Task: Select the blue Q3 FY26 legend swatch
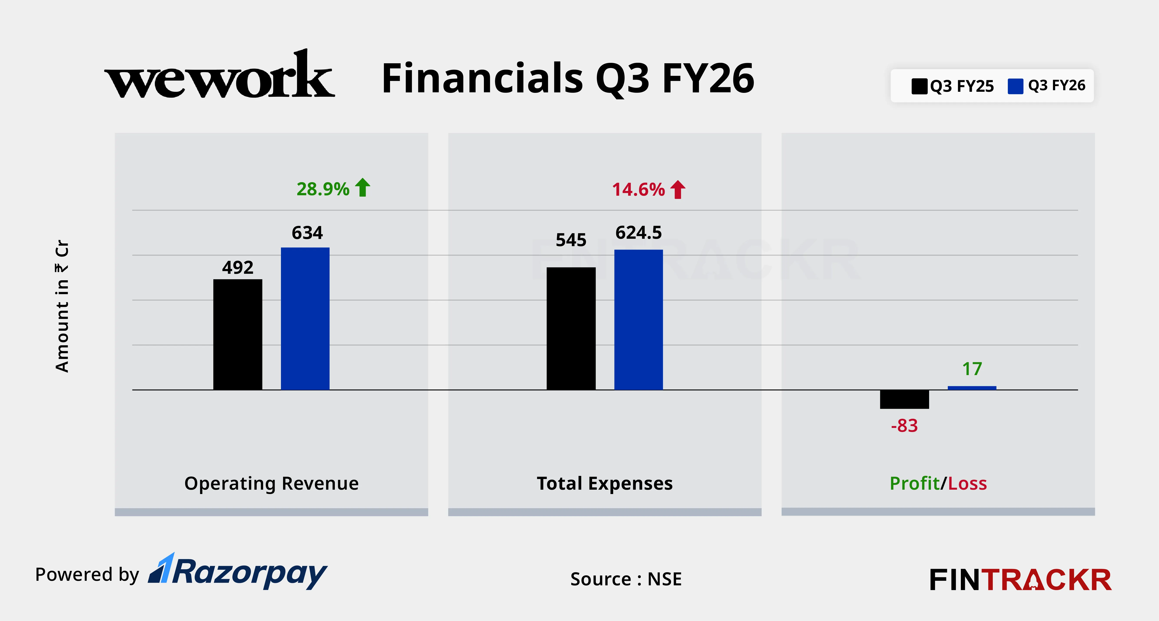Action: (x=1015, y=86)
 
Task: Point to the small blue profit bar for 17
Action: (x=972, y=388)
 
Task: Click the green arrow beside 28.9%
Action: (x=363, y=188)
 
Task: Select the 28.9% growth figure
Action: (x=323, y=189)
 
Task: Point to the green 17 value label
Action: (x=972, y=369)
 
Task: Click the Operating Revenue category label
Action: (x=271, y=483)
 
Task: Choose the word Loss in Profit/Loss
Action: (x=967, y=483)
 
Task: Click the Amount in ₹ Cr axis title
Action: (x=62, y=306)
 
